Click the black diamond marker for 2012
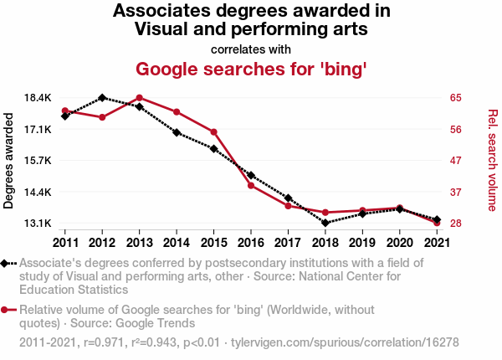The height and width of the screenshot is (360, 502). pyautogui.click(x=102, y=98)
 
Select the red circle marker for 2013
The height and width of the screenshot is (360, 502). pyautogui.click(x=139, y=98)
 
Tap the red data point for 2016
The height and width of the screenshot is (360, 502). pyautogui.click(x=250, y=185)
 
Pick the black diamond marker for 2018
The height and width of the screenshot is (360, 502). pyautogui.click(x=325, y=223)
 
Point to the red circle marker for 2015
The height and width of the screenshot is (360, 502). pyautogui.click(x=213, y=132)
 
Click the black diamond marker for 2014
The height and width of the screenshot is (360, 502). pyautogui.click(x=177, y=132)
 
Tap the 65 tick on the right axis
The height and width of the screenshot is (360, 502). pyautogui.click(x=456, y=98)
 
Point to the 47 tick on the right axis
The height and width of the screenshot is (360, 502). pyautogui.click(x=456, y=161)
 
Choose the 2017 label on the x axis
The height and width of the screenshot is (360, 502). pyautogui.click(x=287, y=243)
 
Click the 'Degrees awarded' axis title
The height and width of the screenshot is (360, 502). pyautogui.click(x=9, y=161)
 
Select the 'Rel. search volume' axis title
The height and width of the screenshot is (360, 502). pyautogui.click(x=492, y=160)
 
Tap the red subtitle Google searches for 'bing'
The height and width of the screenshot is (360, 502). pyautogui.click(x=251, y=69)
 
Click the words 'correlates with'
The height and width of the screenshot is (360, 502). pyautogui.click(x=251, y=49)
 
